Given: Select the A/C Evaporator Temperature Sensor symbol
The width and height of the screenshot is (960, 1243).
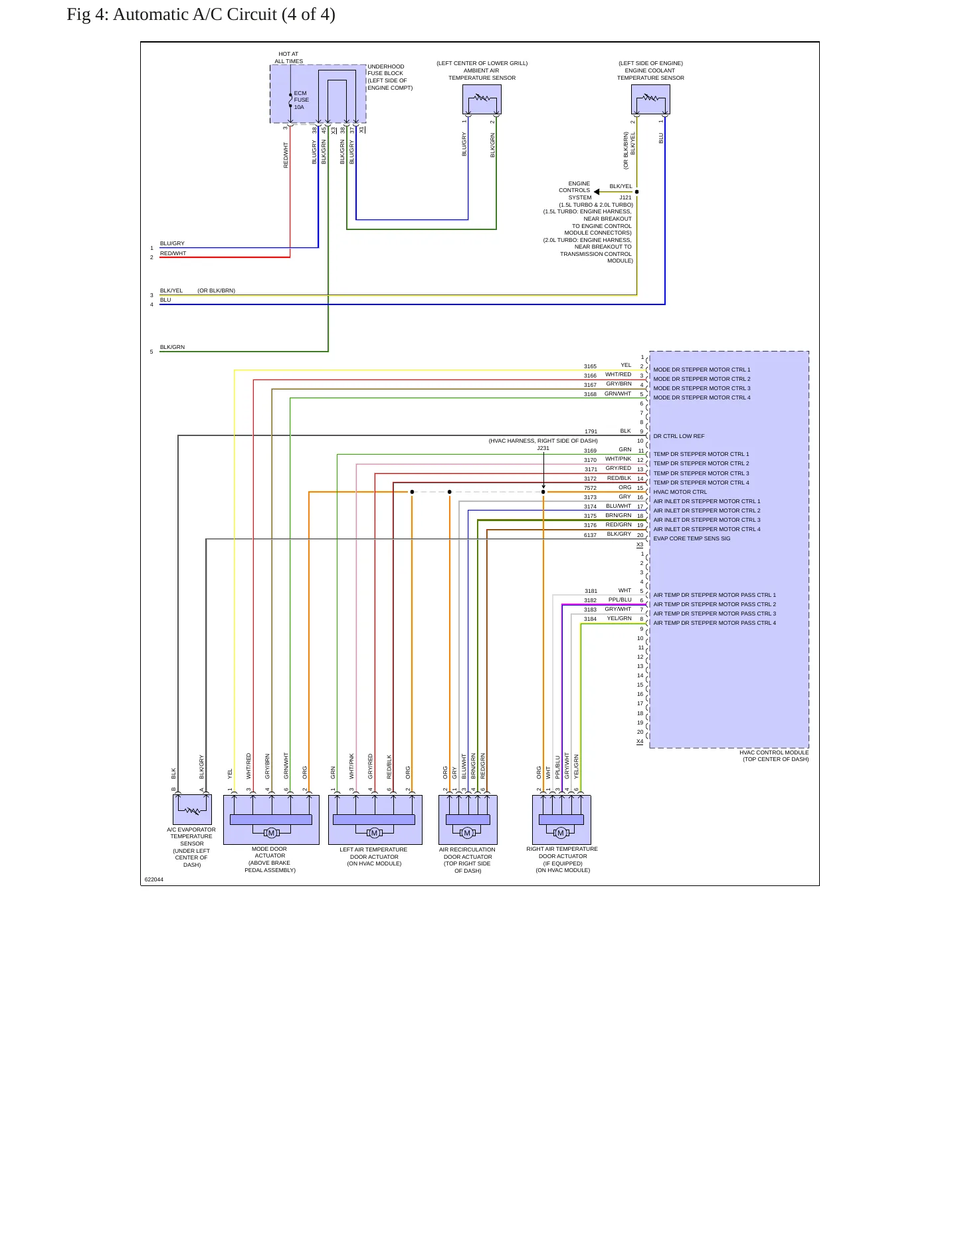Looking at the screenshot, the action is click(192, 810).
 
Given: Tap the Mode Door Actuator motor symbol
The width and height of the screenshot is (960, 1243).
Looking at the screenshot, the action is click(271, 833).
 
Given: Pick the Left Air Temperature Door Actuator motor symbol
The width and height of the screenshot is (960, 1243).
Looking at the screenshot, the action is click(374, 833).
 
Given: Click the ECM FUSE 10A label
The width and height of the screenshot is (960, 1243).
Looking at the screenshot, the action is click(301, 100).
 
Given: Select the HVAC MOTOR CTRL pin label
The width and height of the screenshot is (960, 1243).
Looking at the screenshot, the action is click(680, 492).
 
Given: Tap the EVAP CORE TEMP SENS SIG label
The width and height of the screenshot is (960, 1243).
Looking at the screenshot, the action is click(692, 538).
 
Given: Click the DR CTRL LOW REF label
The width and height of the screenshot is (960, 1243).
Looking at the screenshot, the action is click(679, 436).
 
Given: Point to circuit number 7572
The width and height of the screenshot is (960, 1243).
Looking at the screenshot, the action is click(590, 488).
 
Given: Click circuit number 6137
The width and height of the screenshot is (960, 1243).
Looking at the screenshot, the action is click(590, 535).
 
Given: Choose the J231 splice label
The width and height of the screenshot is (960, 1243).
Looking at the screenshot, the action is click(543, 448).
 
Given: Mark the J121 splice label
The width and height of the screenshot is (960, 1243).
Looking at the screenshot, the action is click(626, 197).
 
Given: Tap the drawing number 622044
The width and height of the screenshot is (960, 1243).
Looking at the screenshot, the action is click(154, 879).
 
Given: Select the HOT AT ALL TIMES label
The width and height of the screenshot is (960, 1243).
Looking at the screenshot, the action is click(289, 58).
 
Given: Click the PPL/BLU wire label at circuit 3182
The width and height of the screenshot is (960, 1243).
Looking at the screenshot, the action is click(620, 600).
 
